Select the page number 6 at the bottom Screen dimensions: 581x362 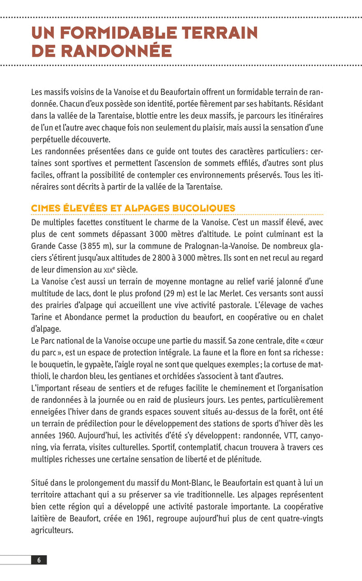(39, 560)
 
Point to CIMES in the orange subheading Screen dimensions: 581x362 (46, 208)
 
